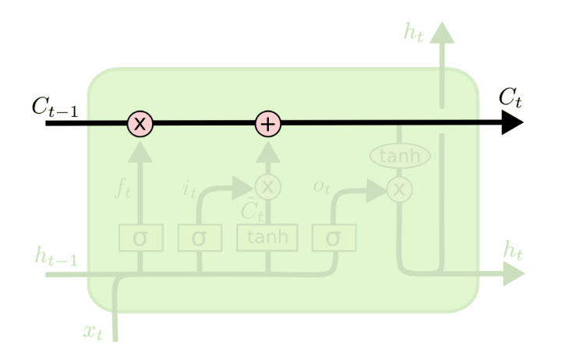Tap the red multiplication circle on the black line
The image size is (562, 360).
click(140, 122)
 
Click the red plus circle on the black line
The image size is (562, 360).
click(268, 122)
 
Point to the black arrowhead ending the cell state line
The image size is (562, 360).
click(511, 122)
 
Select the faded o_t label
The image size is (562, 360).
click(321, 188)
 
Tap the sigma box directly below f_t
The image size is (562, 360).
click(140, 236)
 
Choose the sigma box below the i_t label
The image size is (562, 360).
click(200, 236)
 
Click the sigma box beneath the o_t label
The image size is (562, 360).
click(334, 236)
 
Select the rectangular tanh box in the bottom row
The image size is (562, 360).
click(267, 236)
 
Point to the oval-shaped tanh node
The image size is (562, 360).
click(400, 157)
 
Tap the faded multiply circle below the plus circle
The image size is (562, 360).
click(268, 187)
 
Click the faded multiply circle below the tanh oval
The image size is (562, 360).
click(400, 188)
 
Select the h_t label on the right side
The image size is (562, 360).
click(512, 252)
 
